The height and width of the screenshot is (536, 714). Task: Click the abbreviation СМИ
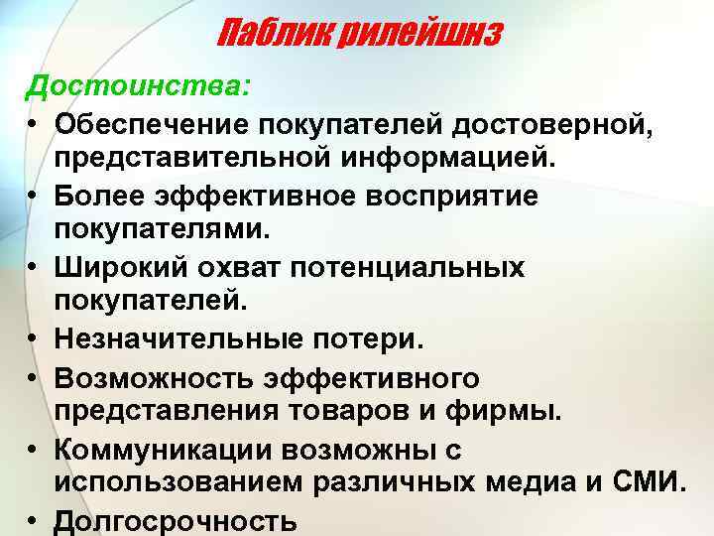pyautogui.click(x=649, y=484)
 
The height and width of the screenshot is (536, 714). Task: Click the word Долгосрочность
pyautogui.click(x=177, y=521)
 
